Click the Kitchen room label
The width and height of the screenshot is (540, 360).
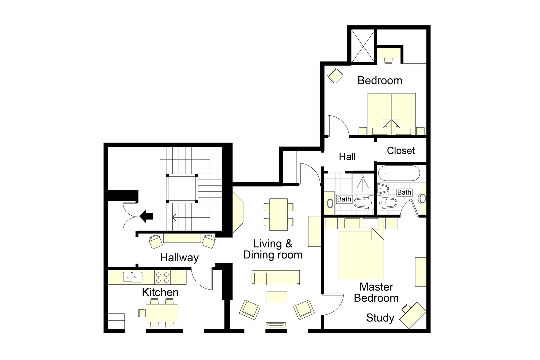160,292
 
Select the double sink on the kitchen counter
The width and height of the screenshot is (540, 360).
133,277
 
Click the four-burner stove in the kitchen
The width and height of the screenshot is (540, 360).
162,277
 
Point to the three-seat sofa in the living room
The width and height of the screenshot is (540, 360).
276,278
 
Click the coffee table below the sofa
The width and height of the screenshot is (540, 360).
277,297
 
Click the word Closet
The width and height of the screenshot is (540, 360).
401,151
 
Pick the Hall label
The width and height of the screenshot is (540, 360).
347,157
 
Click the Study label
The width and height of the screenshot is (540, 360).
380,318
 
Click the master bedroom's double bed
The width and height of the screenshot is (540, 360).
361,255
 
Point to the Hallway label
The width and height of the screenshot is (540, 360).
179,258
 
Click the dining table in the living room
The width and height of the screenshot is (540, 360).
279,214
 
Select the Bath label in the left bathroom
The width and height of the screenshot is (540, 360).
344,199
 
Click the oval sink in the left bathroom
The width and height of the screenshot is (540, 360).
330,203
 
